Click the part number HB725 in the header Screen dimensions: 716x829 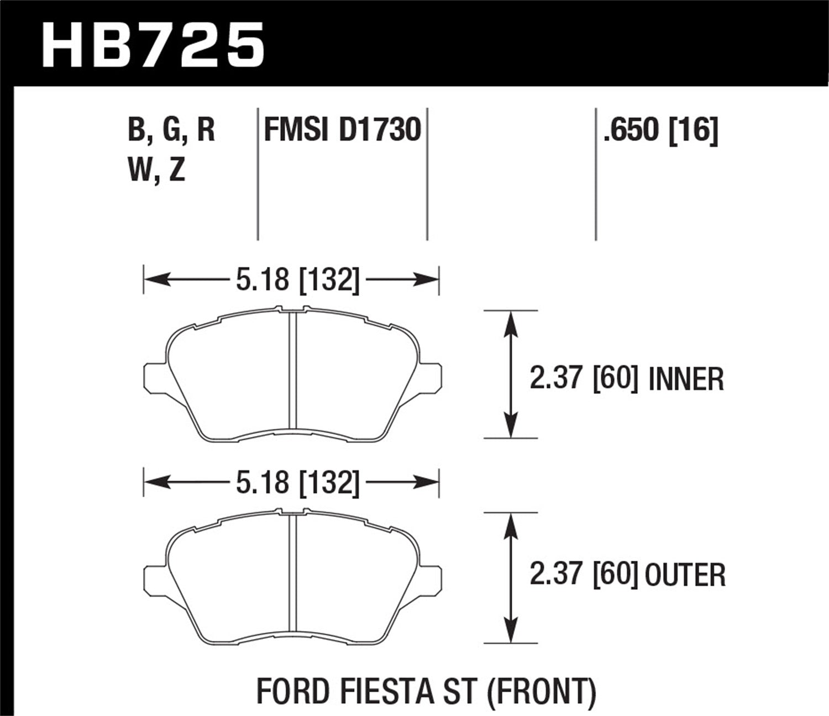click(153, 45)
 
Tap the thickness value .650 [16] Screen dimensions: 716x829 click(661, 131)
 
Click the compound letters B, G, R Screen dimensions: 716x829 click(171, 131)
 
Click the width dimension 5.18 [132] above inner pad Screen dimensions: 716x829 click(297, 280)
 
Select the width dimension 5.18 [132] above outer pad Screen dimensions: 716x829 click(297, 483)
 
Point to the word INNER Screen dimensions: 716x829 click(686, 380)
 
